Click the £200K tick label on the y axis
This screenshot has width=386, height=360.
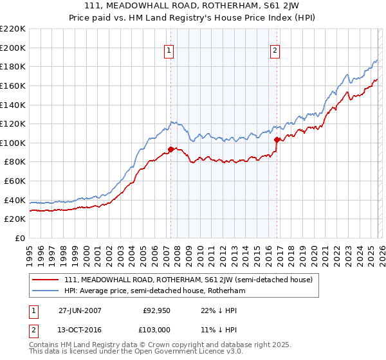[x=13, y=48]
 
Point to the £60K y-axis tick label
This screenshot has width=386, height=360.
[x=15, y=181]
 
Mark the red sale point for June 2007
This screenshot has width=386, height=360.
[x=170, y=150]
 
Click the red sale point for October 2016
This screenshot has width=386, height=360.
[x=277, y=139]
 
